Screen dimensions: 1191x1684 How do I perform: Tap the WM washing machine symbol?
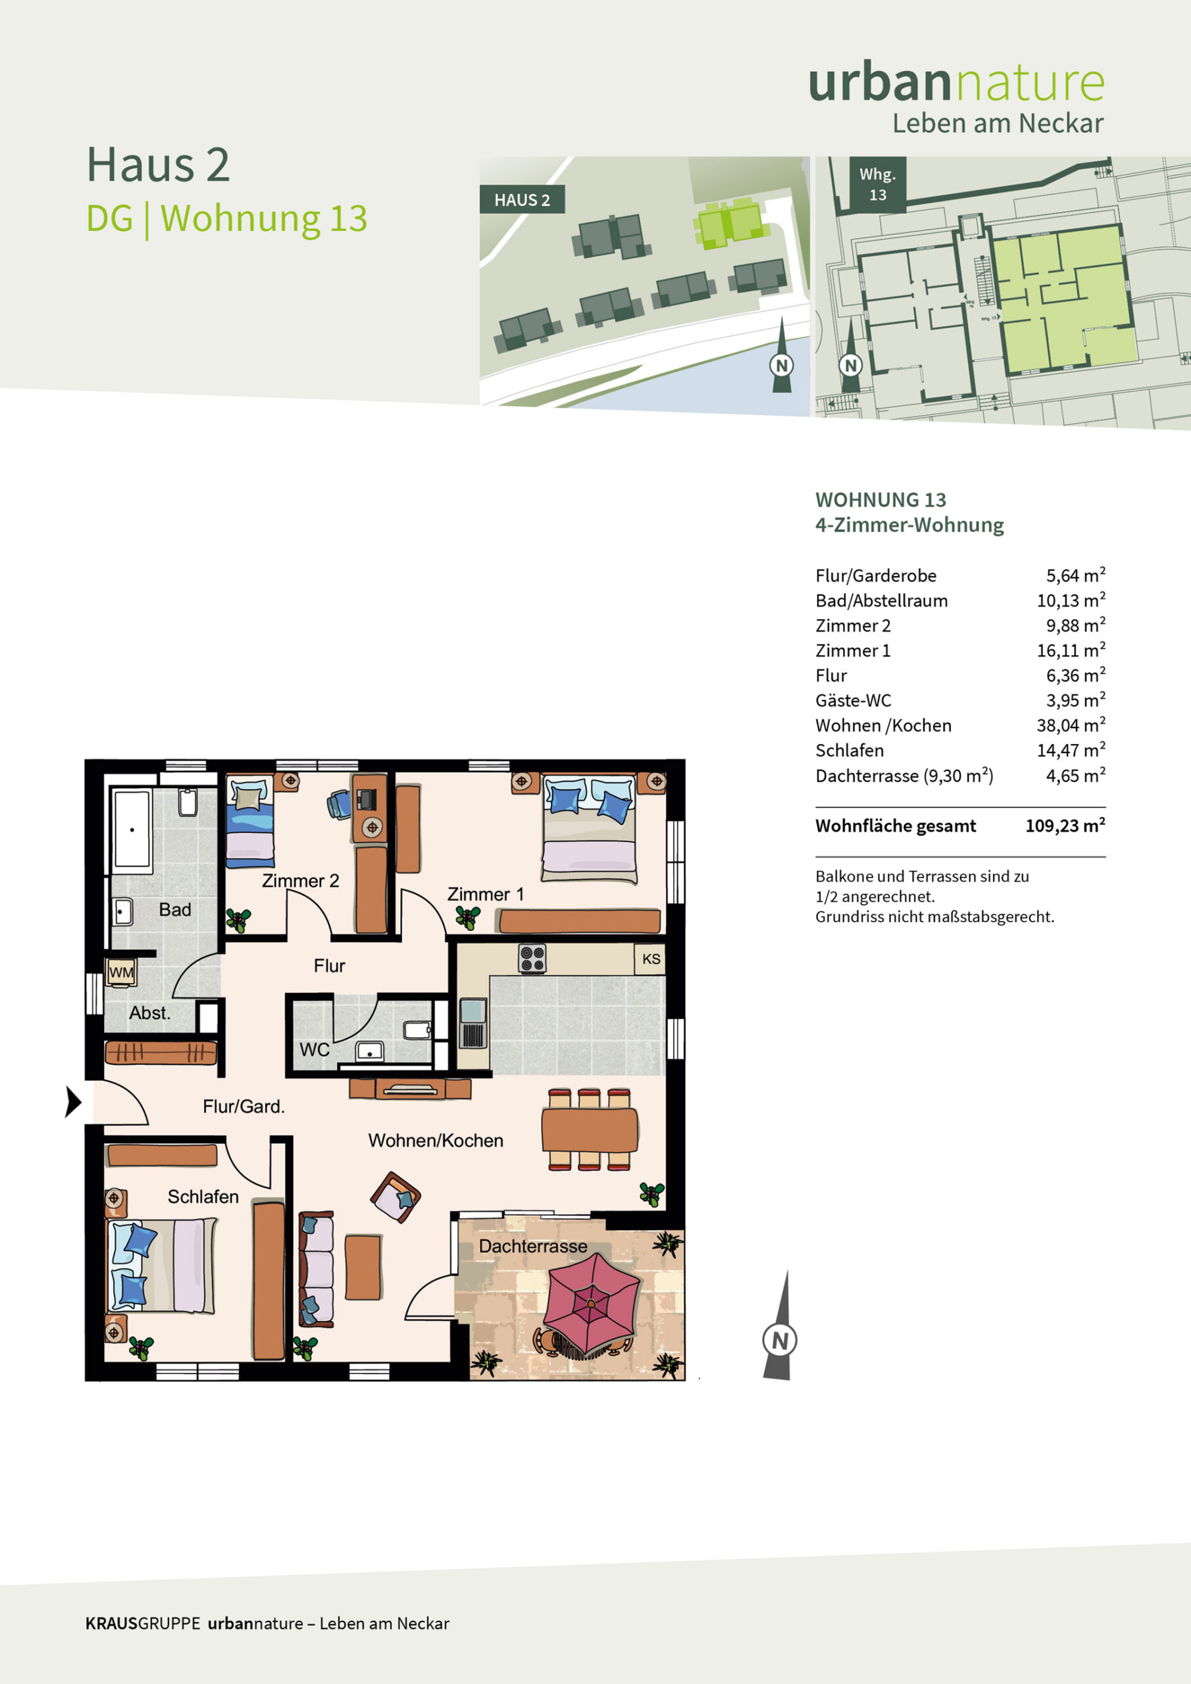pos(121,972)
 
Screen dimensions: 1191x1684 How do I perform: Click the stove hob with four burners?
pos(532,958)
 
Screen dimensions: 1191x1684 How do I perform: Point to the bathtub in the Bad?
pos(132,830)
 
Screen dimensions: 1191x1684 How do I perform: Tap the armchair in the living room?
pos(395,1197)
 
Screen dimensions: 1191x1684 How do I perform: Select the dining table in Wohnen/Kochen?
pos(590,1130)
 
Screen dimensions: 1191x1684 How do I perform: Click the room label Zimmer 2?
pos(300,881)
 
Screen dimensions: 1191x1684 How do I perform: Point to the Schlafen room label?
pos(203,1197)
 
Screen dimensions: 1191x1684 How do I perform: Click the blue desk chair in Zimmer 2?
pos(339,803)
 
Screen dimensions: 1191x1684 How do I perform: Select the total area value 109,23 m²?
pos(1065,825)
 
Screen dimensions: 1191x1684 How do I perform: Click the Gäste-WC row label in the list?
pos(853,700)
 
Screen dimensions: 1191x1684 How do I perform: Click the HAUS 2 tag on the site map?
pos(522,199)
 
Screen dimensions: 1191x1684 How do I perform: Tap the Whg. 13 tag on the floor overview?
pos(878,184)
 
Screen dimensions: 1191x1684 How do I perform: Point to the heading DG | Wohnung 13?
pos(227,218)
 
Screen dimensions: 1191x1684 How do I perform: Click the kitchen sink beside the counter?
pos(472,1023)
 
